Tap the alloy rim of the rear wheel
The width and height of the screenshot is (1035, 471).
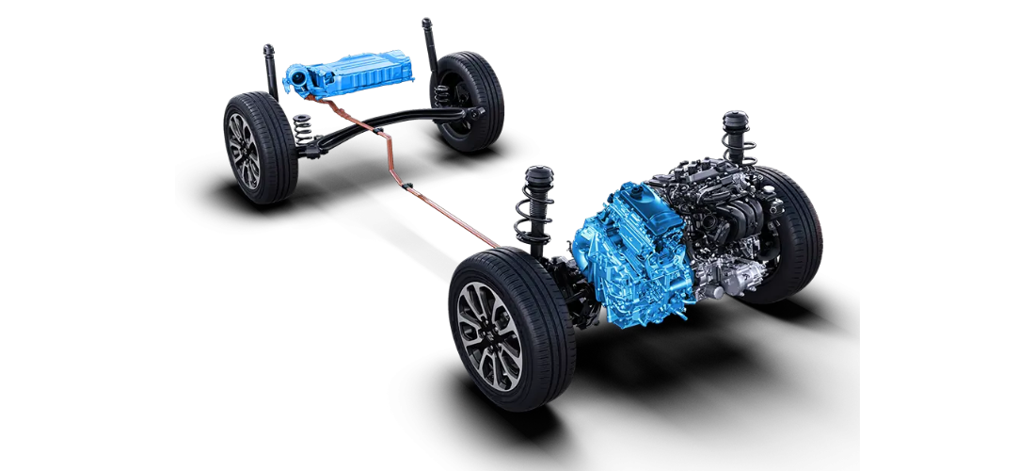tap(244, 149)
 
